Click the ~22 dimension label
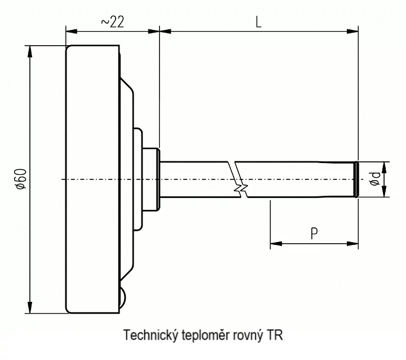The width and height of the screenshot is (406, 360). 113,22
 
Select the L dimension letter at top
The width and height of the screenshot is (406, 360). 258,22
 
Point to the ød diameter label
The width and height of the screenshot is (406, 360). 375,179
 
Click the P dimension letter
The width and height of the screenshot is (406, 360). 314,233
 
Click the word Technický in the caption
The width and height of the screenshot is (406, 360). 151,335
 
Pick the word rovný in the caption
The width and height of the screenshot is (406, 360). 248,335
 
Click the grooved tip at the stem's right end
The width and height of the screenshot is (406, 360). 357,179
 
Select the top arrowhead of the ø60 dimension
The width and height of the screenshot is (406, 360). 30,51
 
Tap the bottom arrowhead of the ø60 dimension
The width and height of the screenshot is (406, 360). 30,308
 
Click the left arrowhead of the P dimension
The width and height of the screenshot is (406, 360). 276,244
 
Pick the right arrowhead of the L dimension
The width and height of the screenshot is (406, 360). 352,32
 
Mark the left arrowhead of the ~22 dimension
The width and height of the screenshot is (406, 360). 72,32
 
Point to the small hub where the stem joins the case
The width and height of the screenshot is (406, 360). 151,179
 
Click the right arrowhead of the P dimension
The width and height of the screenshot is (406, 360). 352,244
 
